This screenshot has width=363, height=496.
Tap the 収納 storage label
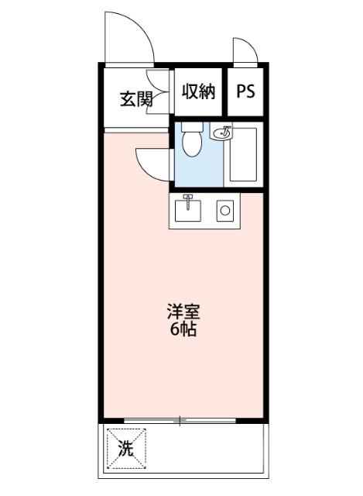coord(197,91)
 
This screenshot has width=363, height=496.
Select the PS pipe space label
coord(245,91)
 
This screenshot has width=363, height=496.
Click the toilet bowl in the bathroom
coord(191,144)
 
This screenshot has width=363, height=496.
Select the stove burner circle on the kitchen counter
coord(225,209)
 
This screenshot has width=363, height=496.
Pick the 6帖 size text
coord(183,330)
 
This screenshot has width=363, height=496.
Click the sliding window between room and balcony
coord(180,421)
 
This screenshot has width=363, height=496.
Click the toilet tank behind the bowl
coord(191,126)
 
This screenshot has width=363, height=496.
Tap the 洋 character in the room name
coord(173,313)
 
